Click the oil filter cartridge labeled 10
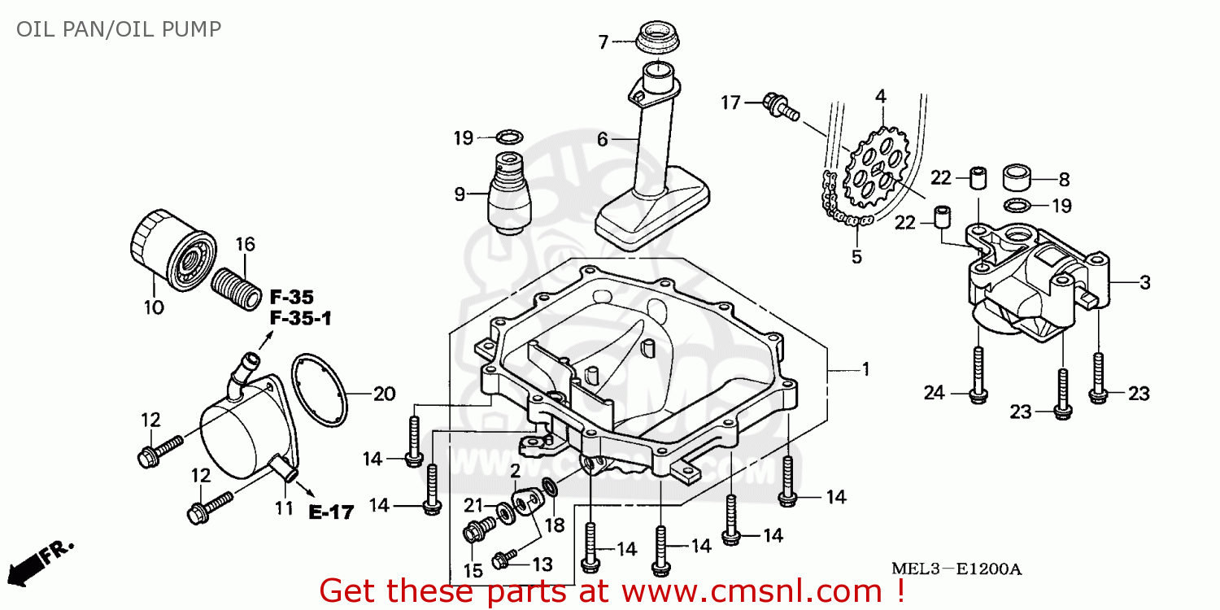pyautogui.click(x=173, y=250)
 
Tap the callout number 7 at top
pyautogui.click(x=603, y=42)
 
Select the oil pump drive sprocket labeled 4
pyautogui.click(x=876, y=167)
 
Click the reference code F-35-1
pyautogui.click(x=301, y=318)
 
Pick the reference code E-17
pyautogui.click(x=331, y=512)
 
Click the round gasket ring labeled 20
pyautogui.click(x=319, y=390)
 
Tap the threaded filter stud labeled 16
pyautogui.click(x=236, y=289)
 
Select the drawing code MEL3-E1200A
pyautogui.click(x=956, y=569)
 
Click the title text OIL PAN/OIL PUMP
pyautogui.click(x=119, y=28)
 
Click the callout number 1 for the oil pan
pyautogui.click(x=866, y=370)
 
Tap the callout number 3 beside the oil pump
pyautogui.click(x=1145, y=283)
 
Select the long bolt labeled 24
pyautogui.click(x=978, y=376)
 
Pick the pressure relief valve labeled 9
pyautogui.click(x=508, y=194)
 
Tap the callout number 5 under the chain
pyautogui.click(x=856, y=257)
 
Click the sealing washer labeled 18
pyautogui.click(x=550, y=487)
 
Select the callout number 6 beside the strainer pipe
pyautogui.click(x=602, y=139)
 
